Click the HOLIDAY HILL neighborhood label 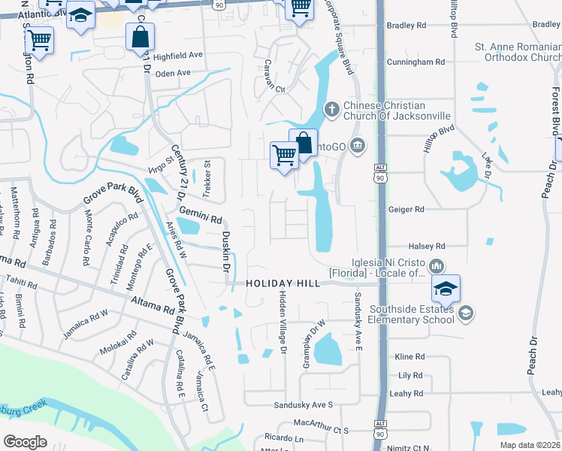283,283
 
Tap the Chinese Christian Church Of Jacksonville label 397,110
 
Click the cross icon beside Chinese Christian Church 332,110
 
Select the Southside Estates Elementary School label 406,313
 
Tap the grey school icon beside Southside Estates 465,313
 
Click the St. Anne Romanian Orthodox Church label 518,52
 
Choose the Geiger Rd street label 406,210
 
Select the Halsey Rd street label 427,246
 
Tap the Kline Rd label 410,356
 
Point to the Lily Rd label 411,374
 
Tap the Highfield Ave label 178,56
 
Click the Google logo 25,441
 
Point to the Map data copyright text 529,445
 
